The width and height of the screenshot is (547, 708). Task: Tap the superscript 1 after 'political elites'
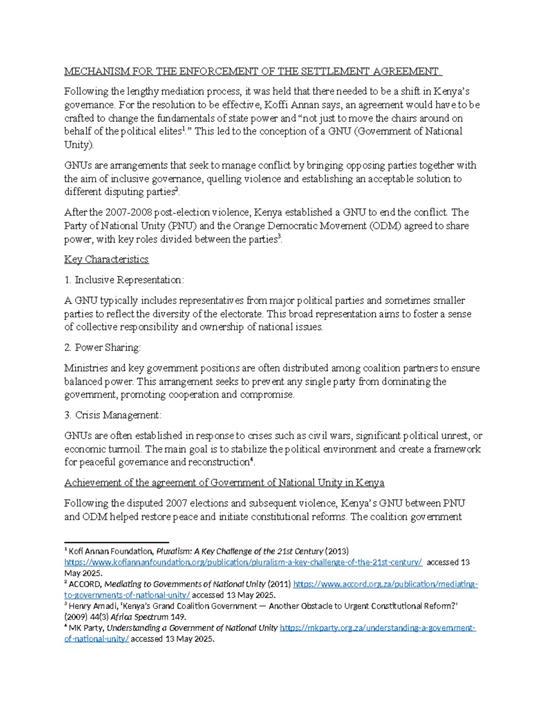[x=183, y=129]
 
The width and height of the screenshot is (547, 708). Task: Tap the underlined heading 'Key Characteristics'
[x=106, y=259]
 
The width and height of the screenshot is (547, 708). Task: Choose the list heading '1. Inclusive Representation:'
[x=124, y=280]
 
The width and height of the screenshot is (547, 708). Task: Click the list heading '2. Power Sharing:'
[x=103, y=347]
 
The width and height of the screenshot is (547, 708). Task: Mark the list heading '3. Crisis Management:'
[x=113, y=415]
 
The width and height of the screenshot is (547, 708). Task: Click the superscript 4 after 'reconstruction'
[x=251, y=460]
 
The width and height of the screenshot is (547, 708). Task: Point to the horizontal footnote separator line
[x=117, y=542]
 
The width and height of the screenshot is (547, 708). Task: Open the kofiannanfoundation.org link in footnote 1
[x=243, y=563]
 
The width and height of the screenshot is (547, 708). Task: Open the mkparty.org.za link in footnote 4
[x=377, y=628]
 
